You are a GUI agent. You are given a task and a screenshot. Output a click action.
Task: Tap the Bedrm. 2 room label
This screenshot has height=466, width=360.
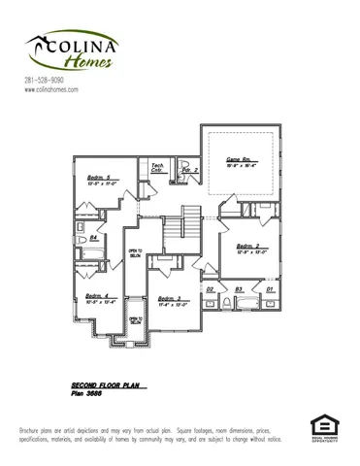pyautogui.click(x=250, y=247)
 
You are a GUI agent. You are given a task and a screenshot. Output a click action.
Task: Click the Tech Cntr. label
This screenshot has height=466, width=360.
pyautogui.click(x=157, y=168)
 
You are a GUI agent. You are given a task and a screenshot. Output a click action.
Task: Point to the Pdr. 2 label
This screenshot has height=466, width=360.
pyautogui.click(x=190, y=170)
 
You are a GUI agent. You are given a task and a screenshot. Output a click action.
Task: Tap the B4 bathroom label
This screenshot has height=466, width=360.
pyautogui.click(x=94, y=237)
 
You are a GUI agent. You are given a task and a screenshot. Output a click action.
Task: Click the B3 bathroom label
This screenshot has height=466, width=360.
pyautogui.click(x=240, y=289)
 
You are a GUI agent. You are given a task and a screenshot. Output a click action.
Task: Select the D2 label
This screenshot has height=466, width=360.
pyautogui.click(x=211, y=289)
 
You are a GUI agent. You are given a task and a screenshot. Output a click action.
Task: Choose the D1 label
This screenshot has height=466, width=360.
pyautogui.click(x=270, y=289)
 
